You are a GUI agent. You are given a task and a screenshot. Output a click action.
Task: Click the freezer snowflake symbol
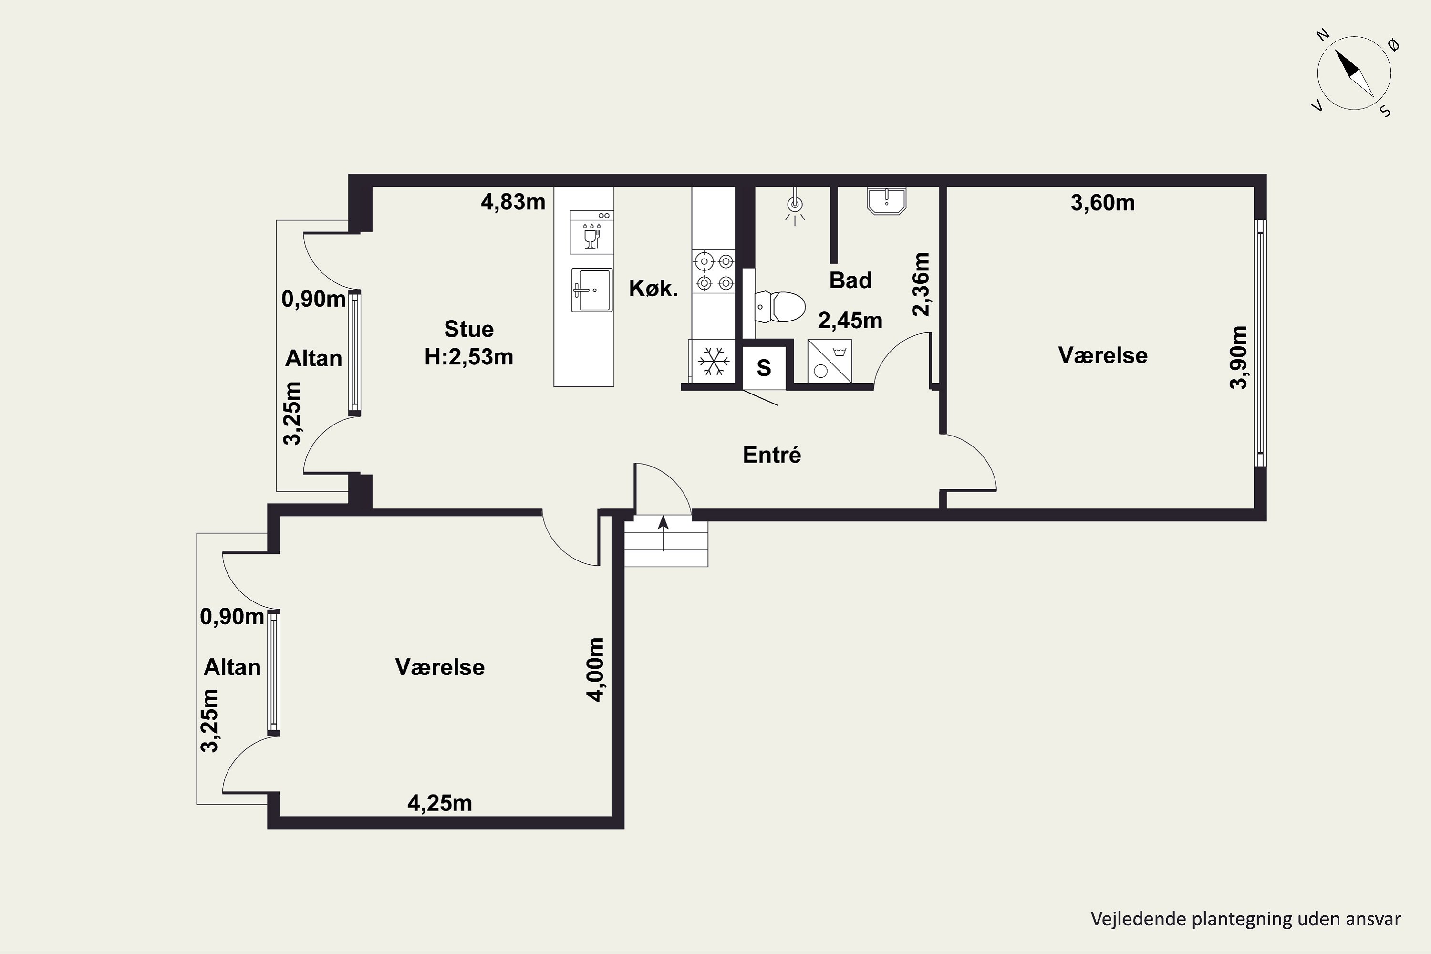(x=713, y=362)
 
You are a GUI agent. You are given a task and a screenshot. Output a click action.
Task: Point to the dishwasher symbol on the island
(x=591, y=232)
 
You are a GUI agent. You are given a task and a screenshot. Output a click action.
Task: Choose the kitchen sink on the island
(x=591, y=290)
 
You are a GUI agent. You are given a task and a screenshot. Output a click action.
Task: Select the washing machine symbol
(x=830, y=362)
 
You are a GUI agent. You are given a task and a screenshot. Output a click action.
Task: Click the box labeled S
(x=764, y=367)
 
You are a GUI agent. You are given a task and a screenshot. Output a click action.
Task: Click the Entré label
(x=771, y=455)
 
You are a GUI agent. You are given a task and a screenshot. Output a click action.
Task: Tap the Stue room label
(x=468, y=329)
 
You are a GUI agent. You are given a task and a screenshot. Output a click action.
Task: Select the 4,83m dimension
(x=513, y=202)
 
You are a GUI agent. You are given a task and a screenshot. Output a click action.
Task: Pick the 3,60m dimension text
(x=1102, y=203)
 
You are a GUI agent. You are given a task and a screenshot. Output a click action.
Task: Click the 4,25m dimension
(x=439, y=803)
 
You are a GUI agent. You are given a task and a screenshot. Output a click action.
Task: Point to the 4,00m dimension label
(x=596, y=669)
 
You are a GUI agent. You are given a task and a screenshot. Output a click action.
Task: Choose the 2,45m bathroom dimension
(x=850, y=320)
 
